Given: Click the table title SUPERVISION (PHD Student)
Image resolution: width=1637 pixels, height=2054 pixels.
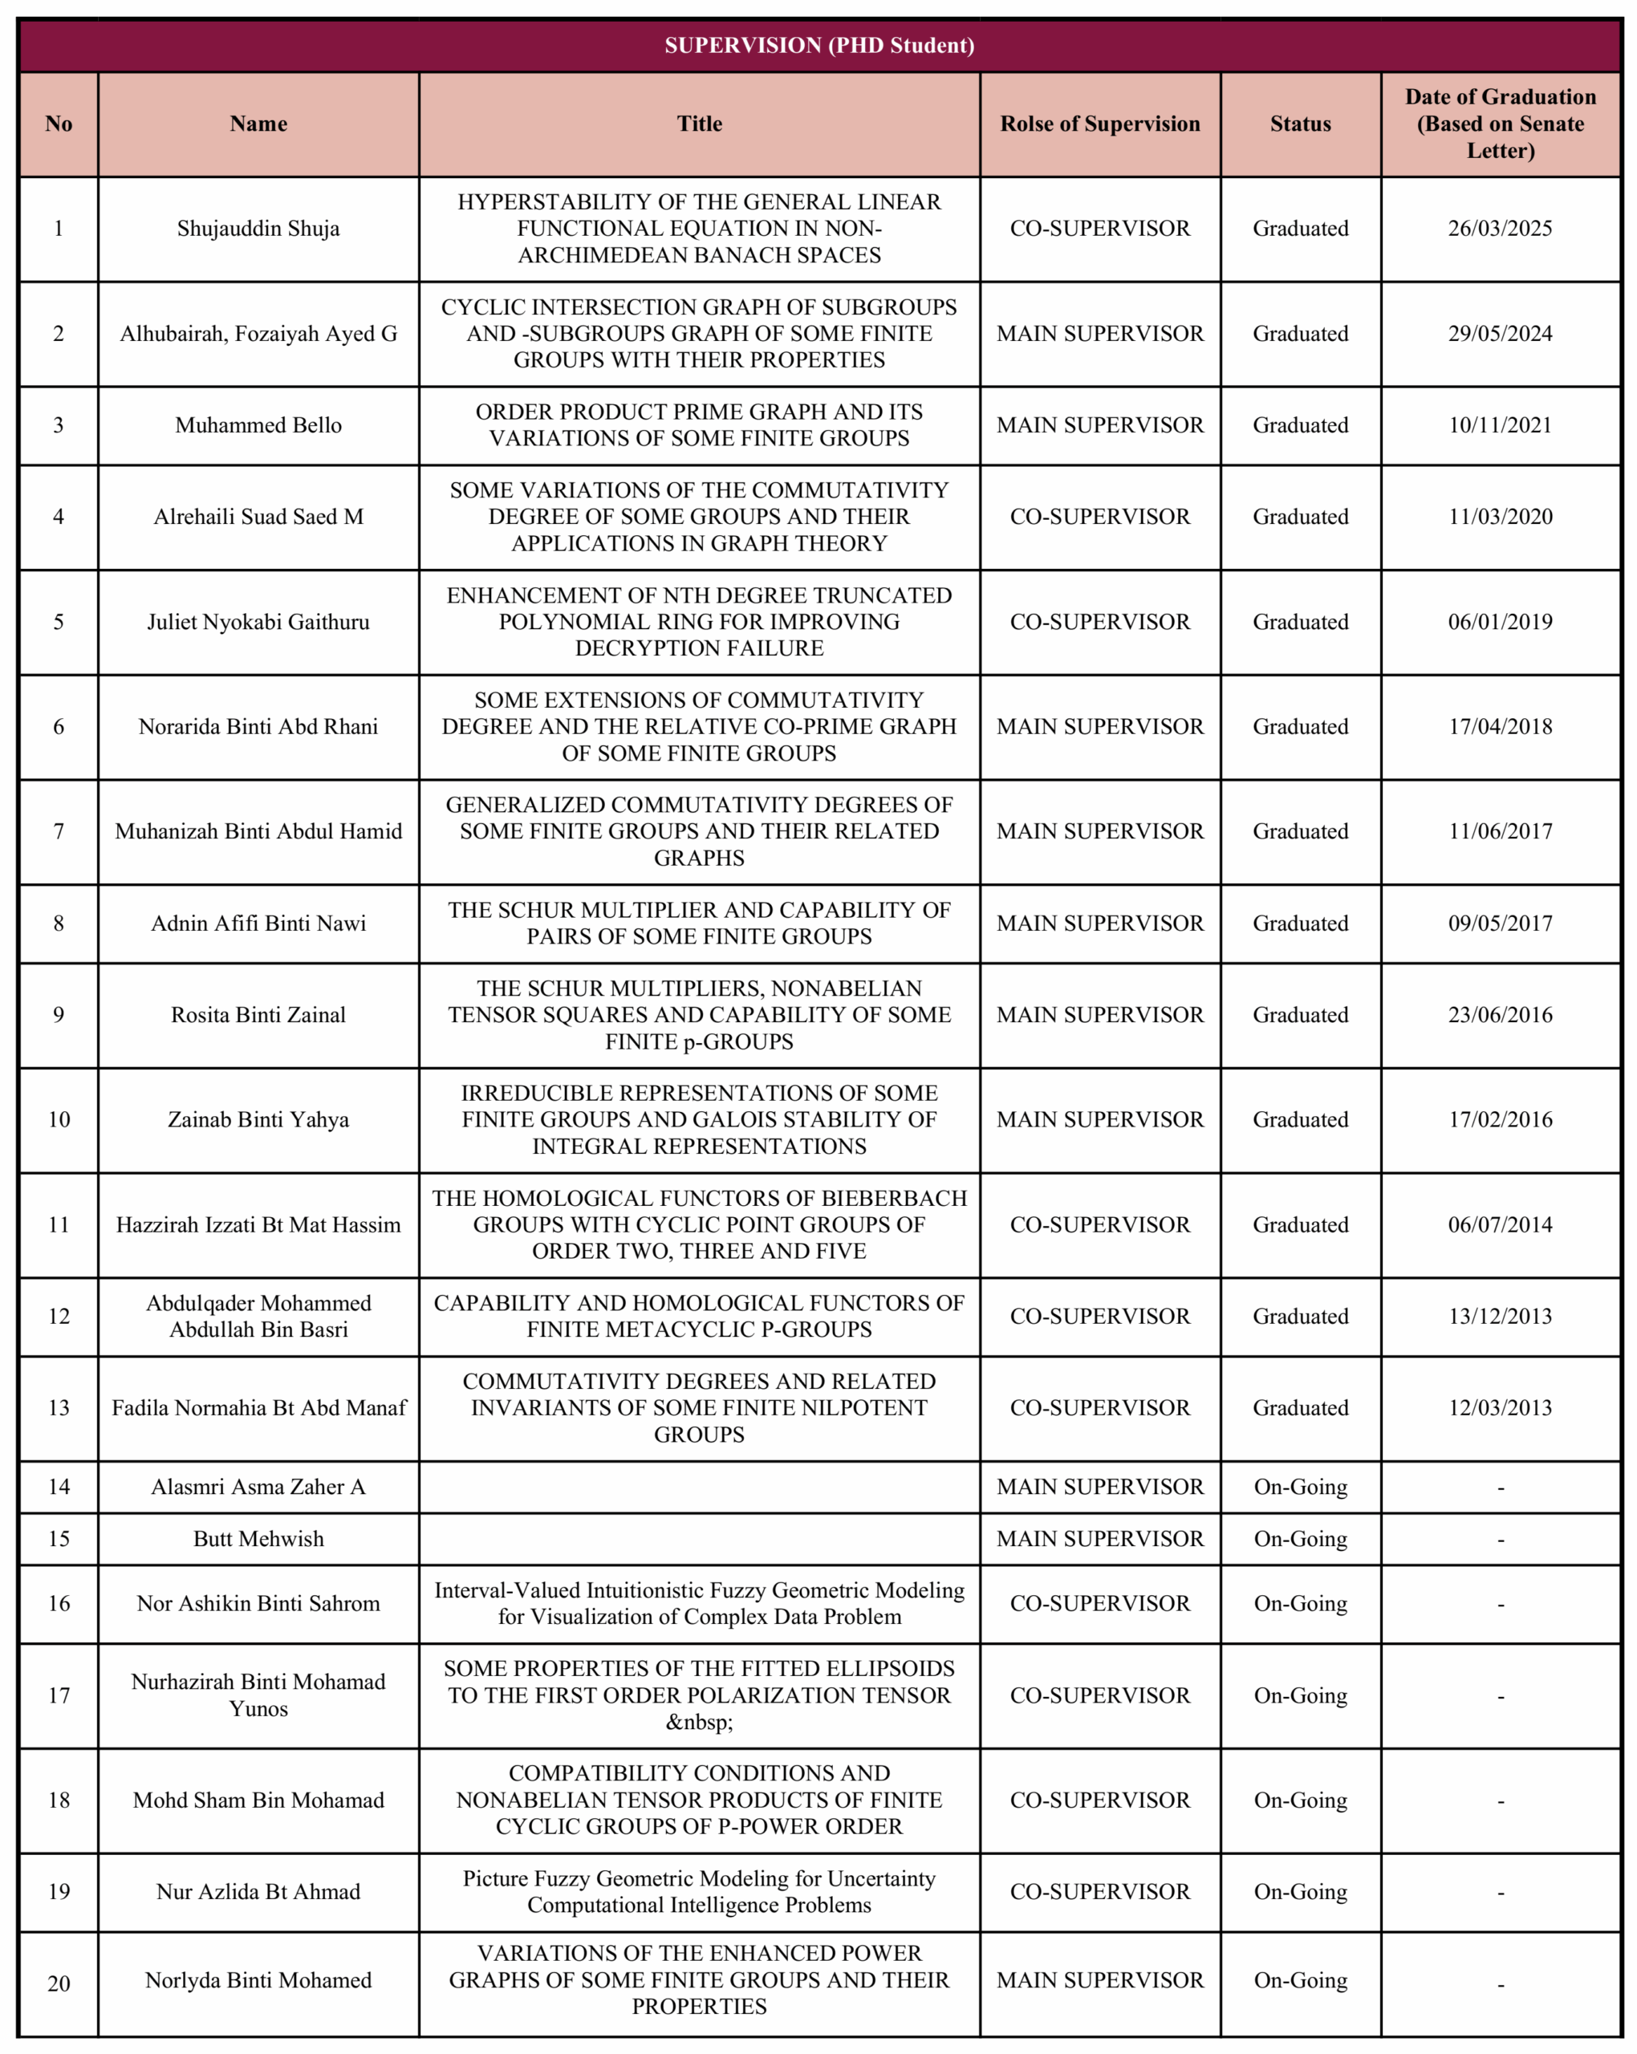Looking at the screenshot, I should [818, 46].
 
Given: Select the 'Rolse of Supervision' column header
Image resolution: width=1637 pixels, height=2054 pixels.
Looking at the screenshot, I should [1099, 124].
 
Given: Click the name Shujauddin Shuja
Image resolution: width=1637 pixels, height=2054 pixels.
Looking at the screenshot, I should [258, 229].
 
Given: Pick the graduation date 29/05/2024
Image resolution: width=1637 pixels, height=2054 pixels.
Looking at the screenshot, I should [1500, 334].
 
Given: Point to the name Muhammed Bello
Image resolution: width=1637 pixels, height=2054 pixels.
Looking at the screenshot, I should [258, 425].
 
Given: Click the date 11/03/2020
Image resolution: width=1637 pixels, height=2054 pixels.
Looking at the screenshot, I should [1500, 517].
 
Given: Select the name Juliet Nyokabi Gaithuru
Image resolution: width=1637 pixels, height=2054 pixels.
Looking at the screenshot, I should [258, 622].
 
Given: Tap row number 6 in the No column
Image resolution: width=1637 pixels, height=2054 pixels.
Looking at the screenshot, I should [58, 727].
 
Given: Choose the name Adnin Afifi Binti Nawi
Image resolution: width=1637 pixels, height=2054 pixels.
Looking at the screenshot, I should [258, 923].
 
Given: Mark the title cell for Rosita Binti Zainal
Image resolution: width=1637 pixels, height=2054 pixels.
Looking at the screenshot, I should [700, 1015].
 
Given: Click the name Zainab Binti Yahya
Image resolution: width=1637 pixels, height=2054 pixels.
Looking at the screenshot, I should [258, 1119].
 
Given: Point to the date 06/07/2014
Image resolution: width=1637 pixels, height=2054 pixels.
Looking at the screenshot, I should [1500, 1224].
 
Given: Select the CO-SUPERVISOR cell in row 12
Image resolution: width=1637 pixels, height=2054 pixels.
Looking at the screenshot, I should [1099, 1316].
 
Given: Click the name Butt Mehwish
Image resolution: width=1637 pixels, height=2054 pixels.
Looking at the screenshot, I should [258, 1539].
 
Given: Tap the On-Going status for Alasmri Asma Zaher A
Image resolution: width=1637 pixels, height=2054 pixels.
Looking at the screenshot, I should [1301, 1488].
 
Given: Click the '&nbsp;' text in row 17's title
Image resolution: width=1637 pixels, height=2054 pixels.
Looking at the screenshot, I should [700, 1722].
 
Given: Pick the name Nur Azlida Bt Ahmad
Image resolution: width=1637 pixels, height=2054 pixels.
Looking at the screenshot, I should [258, 1891].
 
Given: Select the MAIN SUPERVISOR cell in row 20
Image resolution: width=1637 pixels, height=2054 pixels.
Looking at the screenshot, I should [1099, 1979].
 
